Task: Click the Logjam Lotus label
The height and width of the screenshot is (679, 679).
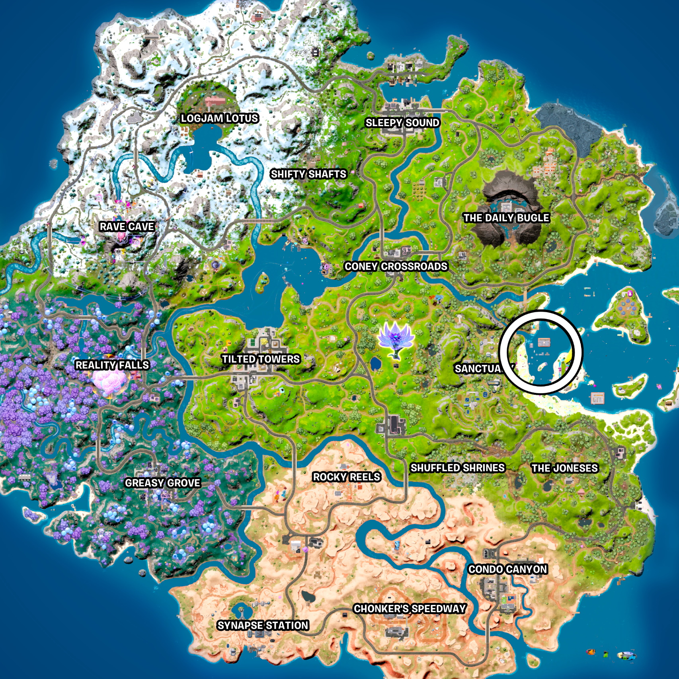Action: (219, 118)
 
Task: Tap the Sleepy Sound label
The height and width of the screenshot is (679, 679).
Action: (402, 123)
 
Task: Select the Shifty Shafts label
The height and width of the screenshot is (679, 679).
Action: (308, 174)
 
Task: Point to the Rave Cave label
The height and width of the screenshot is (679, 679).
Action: (127, 226)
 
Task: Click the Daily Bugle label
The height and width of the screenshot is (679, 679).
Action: (506, 218)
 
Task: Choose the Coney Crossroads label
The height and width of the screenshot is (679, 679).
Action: (396, 266)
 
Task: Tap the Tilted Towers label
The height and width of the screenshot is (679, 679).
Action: (261, 359)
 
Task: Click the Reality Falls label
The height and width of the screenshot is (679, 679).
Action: (112, 365)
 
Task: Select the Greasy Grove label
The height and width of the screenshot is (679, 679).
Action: (162, 483)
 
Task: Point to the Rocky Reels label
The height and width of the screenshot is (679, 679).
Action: (347, 477)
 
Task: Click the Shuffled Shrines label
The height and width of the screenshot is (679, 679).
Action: (457, 468)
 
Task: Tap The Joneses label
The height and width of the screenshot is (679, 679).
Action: (565, 468)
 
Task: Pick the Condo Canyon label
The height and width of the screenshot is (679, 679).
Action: (507, 569)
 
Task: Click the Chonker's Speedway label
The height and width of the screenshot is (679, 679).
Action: (410, 609)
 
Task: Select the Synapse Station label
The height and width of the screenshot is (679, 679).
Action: (263, 625)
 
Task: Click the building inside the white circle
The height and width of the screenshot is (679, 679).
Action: (544, 342)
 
